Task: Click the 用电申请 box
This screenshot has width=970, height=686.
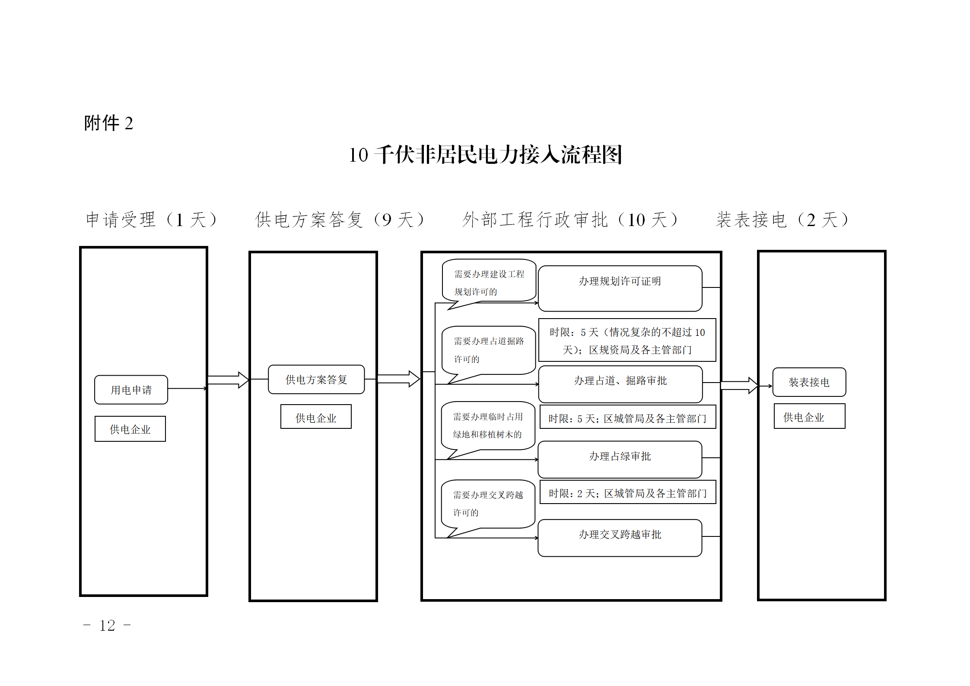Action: click(131, 389)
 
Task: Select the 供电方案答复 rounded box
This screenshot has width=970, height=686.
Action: click(316, 379)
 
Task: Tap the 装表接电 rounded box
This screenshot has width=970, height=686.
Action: click(809, 382)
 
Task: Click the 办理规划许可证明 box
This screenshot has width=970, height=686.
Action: click(620, 288)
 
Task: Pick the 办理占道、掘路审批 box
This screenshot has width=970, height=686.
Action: click(620, 384)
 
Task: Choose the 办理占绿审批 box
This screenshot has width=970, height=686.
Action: click(620, 459)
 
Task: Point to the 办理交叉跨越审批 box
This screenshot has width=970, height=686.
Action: click(620, 538)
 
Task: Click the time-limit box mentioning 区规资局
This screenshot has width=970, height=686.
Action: click(627, 340)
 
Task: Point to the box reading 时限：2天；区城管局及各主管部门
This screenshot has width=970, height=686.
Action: click(628, 492)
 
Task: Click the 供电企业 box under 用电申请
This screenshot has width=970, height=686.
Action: click(130, 429)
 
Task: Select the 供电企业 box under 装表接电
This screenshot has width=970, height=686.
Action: click(810, 416)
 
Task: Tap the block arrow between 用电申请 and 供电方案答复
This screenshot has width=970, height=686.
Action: click(228, 380)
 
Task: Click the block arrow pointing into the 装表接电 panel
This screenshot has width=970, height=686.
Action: click(739, 385)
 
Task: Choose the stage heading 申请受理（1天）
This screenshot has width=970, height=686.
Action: click(151, 220)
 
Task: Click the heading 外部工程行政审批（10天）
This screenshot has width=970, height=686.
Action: click(570, 220)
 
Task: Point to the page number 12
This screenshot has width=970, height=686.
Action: click(107, 625)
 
